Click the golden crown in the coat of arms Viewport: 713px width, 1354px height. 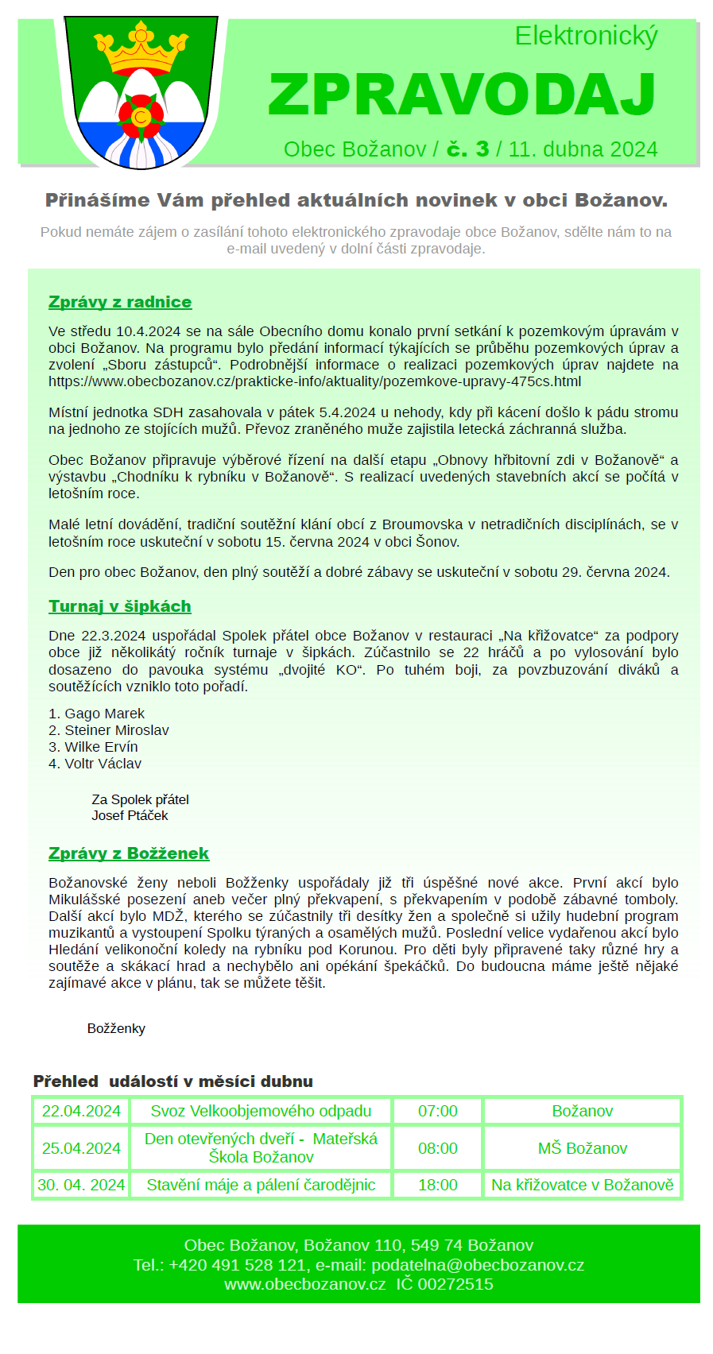point(141,51)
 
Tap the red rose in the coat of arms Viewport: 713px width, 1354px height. point(141,115)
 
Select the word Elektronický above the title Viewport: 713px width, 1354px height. point(586,37)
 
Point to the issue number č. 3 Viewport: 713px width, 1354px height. point(467,149)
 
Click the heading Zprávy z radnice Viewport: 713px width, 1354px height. point(120,302)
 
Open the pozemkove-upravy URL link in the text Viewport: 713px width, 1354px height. point(315,381)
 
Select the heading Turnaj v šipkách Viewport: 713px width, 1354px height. point(120,606)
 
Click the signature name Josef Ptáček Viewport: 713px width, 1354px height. point(130,815)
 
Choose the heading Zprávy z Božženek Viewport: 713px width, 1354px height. point(129,853)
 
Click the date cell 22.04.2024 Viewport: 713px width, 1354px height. point(81,1111)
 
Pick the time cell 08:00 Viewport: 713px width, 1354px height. point(438,1148)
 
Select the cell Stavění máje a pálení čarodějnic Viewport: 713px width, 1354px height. point(261,1185)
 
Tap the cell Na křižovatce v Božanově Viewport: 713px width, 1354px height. point(583,1185)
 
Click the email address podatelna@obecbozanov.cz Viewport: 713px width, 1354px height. point(478,1265)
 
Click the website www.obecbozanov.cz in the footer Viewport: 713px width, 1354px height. point(305,1284)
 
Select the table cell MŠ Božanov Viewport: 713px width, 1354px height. point(583,1148)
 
